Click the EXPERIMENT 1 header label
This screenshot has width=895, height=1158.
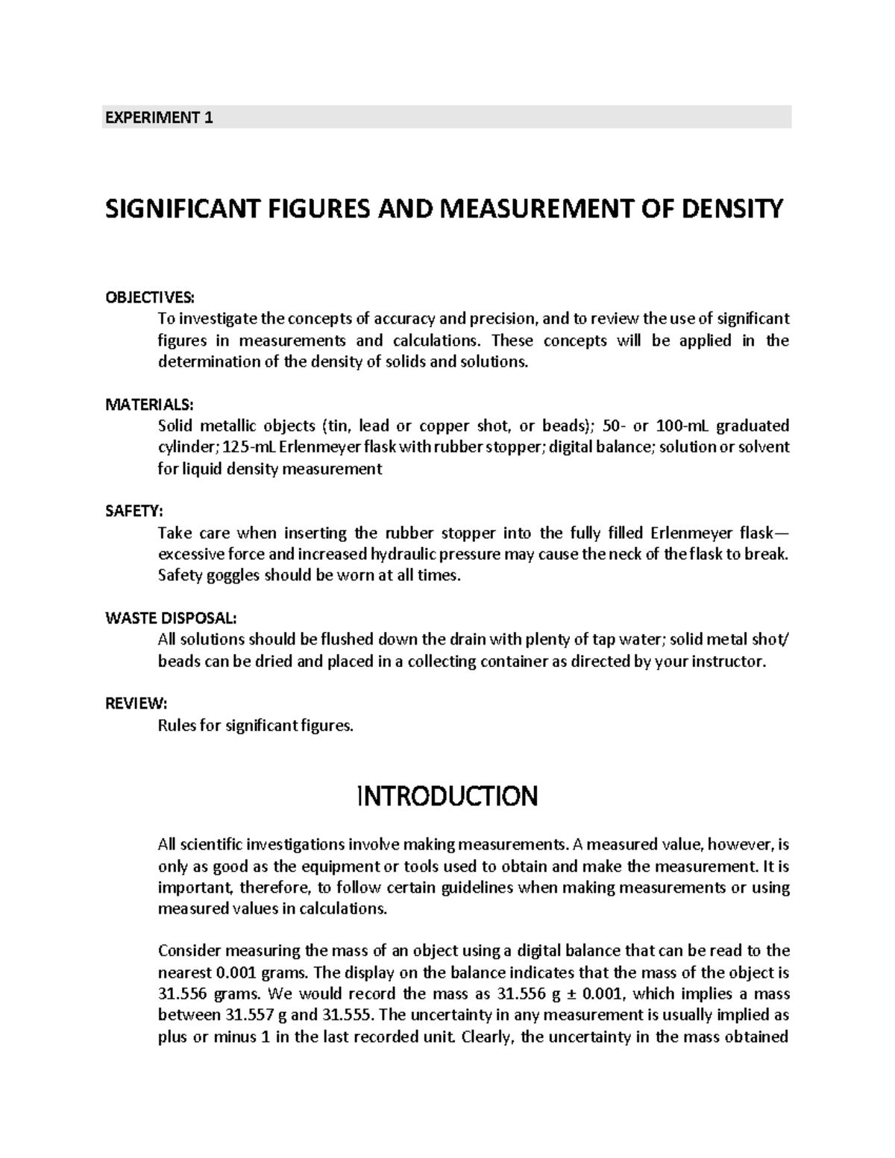[x=157, y=118]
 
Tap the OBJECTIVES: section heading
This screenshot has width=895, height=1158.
[x=149, y=298]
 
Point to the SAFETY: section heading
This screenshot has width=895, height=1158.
[x=133, y=511]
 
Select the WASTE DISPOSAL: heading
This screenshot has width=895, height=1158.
[x=172, y=618]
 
